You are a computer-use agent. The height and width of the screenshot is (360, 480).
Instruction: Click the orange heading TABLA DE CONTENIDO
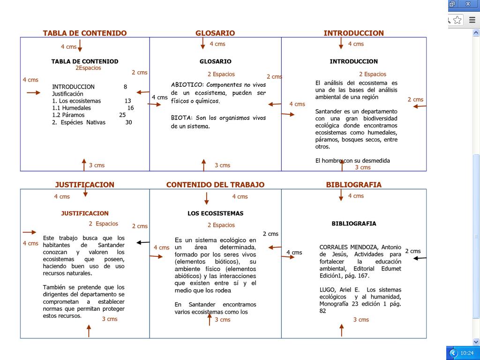coord(84,33)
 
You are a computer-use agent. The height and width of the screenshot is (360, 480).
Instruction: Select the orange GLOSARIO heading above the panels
coord(215,33)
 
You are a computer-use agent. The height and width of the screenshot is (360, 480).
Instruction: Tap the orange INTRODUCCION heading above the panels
coord(353,33)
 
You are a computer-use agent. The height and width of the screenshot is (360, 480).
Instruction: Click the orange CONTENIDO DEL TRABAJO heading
coord(215,185)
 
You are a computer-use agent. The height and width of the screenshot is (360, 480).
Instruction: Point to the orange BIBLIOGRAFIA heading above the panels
coord(353,185)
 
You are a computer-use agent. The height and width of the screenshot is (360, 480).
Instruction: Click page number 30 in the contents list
coord(128,122)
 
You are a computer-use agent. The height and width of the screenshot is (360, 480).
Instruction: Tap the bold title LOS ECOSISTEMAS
coord(215,213)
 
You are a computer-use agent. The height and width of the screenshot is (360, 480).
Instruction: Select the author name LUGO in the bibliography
coord(327,290)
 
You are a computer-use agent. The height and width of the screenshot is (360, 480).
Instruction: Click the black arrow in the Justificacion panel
coord(143,242)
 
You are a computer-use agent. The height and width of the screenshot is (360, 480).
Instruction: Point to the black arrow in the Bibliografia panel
coord(420,258)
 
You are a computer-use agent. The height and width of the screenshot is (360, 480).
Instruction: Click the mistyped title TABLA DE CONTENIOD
coord(84,61)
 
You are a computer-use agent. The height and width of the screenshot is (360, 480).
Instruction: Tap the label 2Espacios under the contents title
coord(88,68)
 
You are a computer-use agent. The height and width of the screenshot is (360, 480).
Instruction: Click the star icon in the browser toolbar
coord(457,20)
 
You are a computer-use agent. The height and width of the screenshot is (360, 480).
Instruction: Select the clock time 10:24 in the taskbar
coord(467,353)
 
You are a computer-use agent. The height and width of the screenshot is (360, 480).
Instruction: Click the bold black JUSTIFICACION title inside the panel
coord(84,213)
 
